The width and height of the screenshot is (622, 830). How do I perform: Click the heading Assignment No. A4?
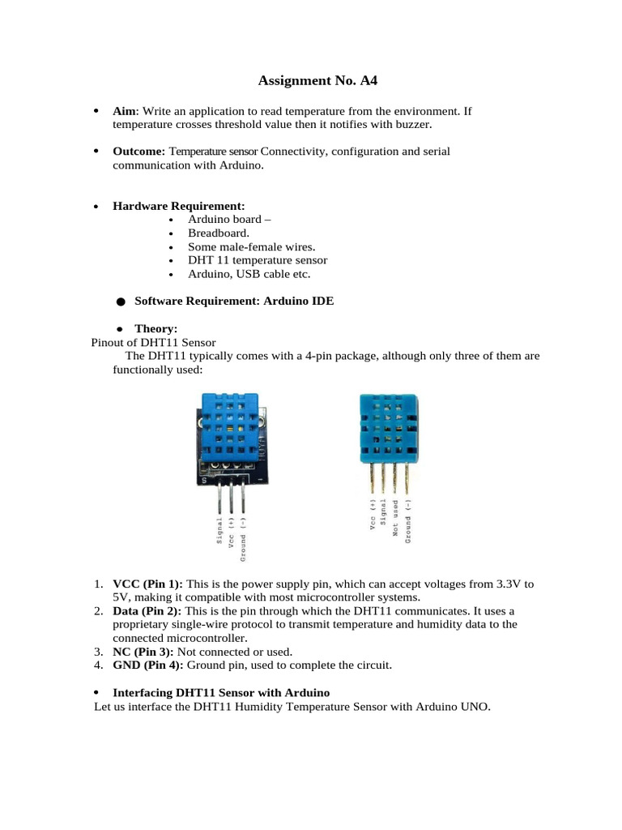317,80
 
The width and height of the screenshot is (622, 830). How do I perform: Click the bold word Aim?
125,110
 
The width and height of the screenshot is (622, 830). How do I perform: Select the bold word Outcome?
138,152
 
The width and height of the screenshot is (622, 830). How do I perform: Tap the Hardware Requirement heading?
178,206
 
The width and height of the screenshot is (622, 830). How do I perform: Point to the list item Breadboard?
213,233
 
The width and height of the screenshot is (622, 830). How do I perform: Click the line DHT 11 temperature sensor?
258,260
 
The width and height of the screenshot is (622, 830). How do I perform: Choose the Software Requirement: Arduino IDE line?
234,301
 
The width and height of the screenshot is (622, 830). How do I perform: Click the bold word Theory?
155,328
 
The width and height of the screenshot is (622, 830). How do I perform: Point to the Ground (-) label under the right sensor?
408,519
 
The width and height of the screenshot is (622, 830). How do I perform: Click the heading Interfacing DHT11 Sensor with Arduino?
221,692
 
